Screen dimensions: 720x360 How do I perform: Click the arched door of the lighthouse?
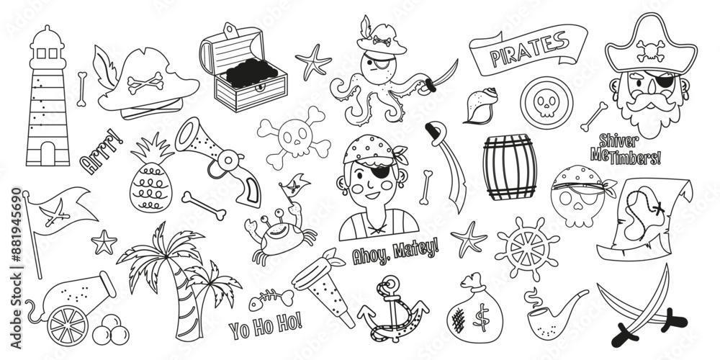48,153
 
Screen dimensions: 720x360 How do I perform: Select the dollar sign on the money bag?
481,318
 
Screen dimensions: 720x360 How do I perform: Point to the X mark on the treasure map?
659,210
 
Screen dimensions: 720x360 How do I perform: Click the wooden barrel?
510,167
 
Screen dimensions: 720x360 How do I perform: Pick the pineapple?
151,174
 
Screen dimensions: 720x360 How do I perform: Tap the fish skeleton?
271,300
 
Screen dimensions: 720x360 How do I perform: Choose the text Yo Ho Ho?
266,325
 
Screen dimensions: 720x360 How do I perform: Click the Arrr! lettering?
102,151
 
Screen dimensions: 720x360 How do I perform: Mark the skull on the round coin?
546,103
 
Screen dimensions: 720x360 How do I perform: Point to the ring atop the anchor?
391,281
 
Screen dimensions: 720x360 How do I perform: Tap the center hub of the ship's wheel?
528,248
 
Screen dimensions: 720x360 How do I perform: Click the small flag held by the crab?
295,183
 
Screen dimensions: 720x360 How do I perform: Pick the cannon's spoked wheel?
68,325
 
